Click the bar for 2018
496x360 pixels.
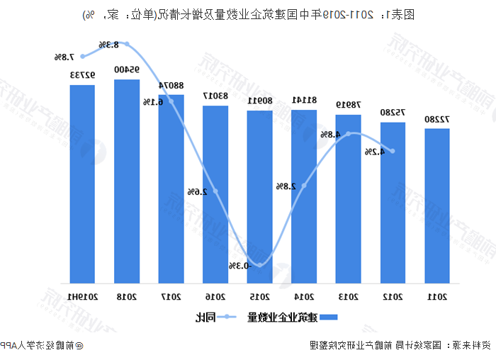pos(127,181)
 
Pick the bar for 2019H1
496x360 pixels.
pos(82,184)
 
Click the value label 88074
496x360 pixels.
pos(171,85)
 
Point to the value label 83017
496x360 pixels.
pos(215,96)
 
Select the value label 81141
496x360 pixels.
pos(304,100)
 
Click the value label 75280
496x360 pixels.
pos(393,113)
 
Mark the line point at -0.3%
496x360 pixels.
pos(259,266)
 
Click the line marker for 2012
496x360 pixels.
pos(393,150)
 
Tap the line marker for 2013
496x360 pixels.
pos(348,133)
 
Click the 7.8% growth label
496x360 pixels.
pos(63,56)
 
